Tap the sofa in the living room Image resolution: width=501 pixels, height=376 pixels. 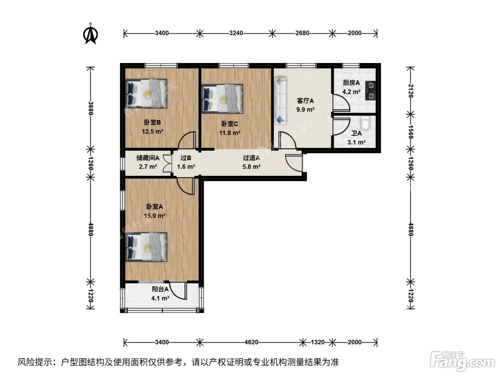[280, 101]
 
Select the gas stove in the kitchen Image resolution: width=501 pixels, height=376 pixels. [370, 91]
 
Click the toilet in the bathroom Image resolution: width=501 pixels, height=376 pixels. [365, 123]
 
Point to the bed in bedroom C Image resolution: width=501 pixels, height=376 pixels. [222, 99]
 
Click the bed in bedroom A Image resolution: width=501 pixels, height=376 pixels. [146, 247]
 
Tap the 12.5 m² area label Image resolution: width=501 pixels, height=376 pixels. [152, 131]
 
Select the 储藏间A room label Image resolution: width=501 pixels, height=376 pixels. [148, 158]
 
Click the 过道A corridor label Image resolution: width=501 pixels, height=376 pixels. [251, 158]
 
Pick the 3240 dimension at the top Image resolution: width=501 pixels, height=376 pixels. [236, 33]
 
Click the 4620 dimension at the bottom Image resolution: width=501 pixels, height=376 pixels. [251, 342]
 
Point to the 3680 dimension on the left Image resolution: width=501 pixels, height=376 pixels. [91, 108]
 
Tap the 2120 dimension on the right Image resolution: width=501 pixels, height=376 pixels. [410, 91]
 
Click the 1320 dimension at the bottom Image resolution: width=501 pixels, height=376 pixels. [317, 342]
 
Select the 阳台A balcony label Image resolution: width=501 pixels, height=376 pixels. [160, 289]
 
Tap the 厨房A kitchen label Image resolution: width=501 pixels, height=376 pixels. [351, 83]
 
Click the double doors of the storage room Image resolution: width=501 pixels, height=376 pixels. [167, 163]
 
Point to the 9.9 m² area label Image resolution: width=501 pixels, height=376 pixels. [305, 110]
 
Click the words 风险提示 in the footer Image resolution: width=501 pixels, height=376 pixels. [35, 362]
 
